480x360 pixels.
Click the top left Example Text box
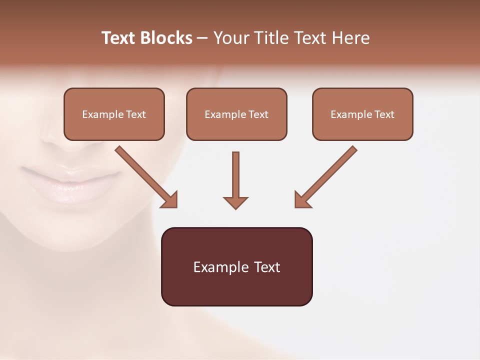click(114, 114)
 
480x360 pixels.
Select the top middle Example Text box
click(236, 114)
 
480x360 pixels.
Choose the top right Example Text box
click(362, 114)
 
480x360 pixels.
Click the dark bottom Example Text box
click(236, 266)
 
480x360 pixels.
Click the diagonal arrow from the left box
click(145, 176)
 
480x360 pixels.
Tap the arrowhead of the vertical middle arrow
click(235, 202)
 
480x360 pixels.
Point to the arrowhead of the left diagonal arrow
click(170, 200)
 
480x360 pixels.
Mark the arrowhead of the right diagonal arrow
click(301, 200)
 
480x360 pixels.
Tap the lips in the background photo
click(70, 184)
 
